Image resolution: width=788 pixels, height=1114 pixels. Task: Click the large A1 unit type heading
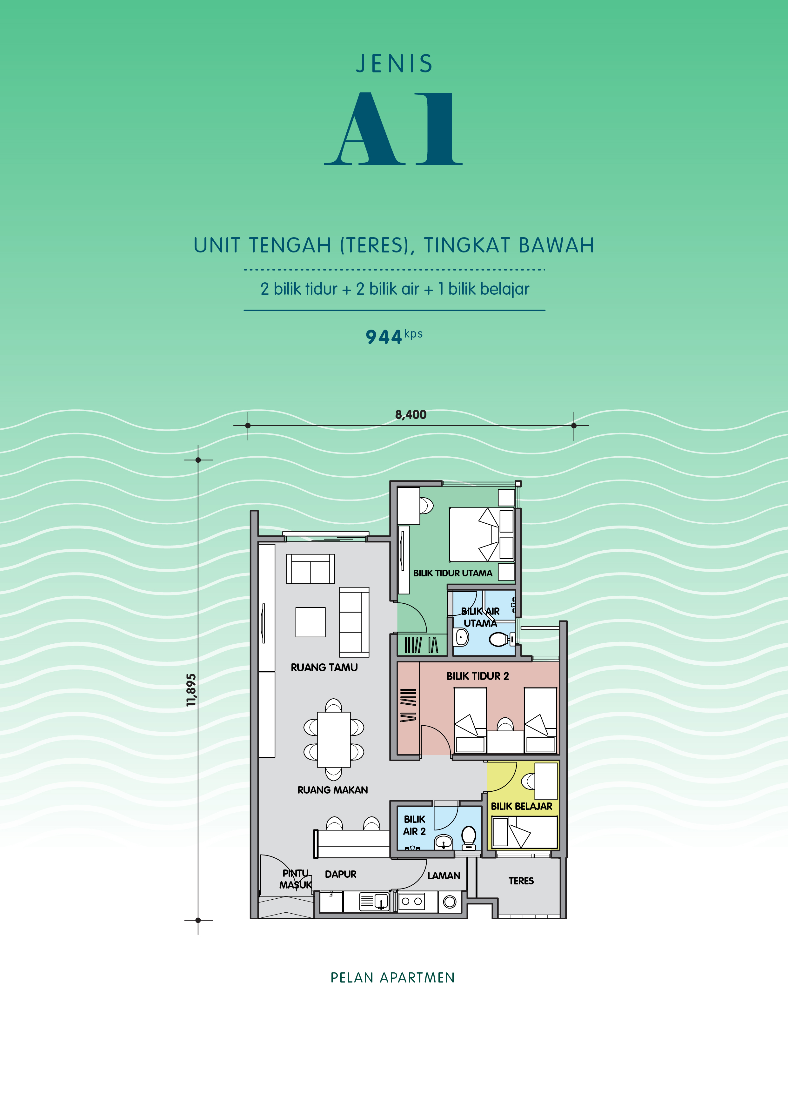click(393, 129)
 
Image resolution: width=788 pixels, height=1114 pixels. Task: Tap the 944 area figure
click(384, 337)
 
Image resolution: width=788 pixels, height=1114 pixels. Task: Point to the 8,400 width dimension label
click(411, 415)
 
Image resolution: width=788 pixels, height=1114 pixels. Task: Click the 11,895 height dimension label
click(191, 690)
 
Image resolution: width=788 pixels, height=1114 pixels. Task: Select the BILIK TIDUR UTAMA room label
click(453, 573)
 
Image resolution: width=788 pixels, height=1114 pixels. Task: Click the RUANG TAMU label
click(324, 668)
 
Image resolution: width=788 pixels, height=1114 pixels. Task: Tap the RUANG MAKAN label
click(332, 790)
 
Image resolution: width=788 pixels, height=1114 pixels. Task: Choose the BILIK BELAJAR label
click(522, 806)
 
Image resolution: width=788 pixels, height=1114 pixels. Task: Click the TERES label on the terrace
click(521, 881)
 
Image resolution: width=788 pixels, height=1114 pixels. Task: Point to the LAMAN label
click(444, 876)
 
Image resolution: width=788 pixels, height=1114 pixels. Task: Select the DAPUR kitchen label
click(341, 874)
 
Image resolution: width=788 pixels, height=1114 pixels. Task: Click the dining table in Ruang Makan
click(334, 739)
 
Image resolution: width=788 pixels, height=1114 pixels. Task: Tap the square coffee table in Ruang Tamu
click(311, 622)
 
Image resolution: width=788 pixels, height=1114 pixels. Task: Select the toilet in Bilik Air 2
click(469, 838)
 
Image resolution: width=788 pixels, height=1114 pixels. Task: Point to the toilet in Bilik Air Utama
click(501, 640)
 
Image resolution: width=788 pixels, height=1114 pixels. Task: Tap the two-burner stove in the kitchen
click(411, 902)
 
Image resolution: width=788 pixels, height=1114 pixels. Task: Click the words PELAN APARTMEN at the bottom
click(392, 978)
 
